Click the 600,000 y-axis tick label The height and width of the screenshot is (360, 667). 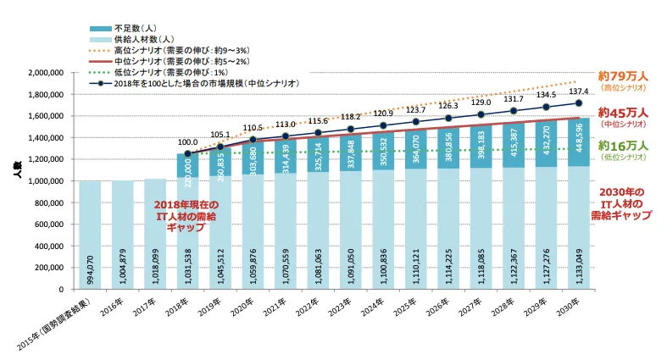click(54, 224)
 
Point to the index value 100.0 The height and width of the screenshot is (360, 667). click(187, 142)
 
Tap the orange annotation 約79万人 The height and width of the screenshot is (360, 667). click(622, 75)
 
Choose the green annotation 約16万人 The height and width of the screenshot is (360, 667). click(623, 146)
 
